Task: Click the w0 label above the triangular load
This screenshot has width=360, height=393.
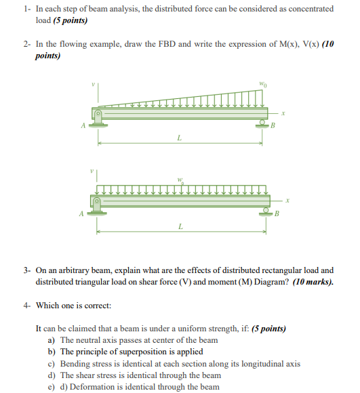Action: tap(263, 85)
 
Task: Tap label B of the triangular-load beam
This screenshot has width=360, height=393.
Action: tap(273, 125)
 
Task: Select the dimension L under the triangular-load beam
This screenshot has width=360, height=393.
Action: tap(179, 138)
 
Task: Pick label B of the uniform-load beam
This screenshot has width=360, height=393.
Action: tap(277, 214)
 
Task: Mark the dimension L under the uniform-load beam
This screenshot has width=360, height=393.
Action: tap(180, 226)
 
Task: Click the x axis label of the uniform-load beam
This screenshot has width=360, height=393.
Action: tap(288, 200)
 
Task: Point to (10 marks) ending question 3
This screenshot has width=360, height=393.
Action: tap(313, 281)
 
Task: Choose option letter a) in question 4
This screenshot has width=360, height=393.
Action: tap(52, 339)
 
